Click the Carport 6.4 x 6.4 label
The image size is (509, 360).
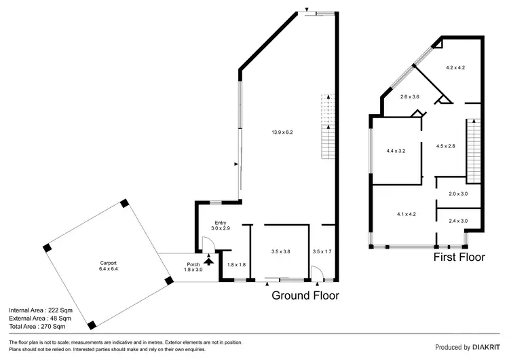105,266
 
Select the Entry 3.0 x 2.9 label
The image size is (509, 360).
221,226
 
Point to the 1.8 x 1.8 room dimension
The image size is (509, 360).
235,265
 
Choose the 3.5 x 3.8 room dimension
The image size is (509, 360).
280,251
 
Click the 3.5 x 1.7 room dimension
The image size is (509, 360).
322,251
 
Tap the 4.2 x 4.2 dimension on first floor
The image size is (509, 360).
455,68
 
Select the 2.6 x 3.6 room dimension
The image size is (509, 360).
409,97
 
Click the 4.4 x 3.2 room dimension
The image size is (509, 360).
396,151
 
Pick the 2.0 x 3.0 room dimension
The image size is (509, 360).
458,194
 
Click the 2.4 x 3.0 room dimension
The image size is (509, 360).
458,221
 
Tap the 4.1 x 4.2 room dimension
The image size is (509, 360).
406,215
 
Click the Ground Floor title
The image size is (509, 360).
305,295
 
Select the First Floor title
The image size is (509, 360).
459,257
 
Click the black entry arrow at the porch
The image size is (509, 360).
209,258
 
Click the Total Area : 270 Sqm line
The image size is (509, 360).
40,327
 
